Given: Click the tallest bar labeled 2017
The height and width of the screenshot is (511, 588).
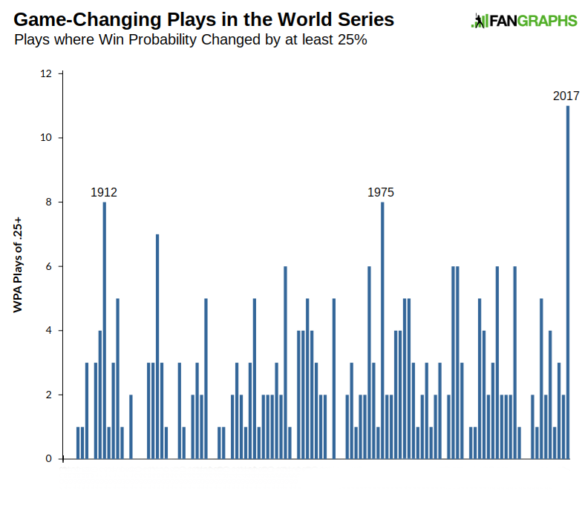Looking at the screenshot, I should pos(567,282).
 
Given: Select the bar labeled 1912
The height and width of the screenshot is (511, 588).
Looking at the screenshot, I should pos(105,330).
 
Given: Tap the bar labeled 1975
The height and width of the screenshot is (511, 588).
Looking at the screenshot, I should pos(382,330).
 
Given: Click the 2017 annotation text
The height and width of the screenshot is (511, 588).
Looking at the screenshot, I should pos(566,96).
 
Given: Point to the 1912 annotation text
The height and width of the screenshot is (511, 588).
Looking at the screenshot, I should pos(104,192).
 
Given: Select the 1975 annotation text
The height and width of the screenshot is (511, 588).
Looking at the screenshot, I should pos(381,192).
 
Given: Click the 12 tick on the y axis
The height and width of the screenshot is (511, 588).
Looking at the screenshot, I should pos(46,73).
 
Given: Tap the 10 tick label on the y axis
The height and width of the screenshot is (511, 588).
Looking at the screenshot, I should pos(46,138).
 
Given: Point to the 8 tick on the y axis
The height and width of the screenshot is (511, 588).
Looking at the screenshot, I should pos(48,202).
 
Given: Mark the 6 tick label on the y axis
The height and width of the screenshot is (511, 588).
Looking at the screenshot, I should pos(48,266).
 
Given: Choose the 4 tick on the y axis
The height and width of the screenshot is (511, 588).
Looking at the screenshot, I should pos(48,330).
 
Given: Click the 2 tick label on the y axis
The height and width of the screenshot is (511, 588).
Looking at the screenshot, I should pos(48,395).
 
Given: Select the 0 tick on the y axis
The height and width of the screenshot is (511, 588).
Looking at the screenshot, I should pos(48,459).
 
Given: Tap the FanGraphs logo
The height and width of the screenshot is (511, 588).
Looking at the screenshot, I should pos(524,22).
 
